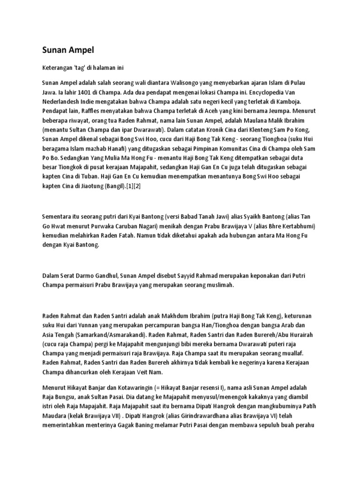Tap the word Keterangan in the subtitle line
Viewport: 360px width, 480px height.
(x=57, y=68)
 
